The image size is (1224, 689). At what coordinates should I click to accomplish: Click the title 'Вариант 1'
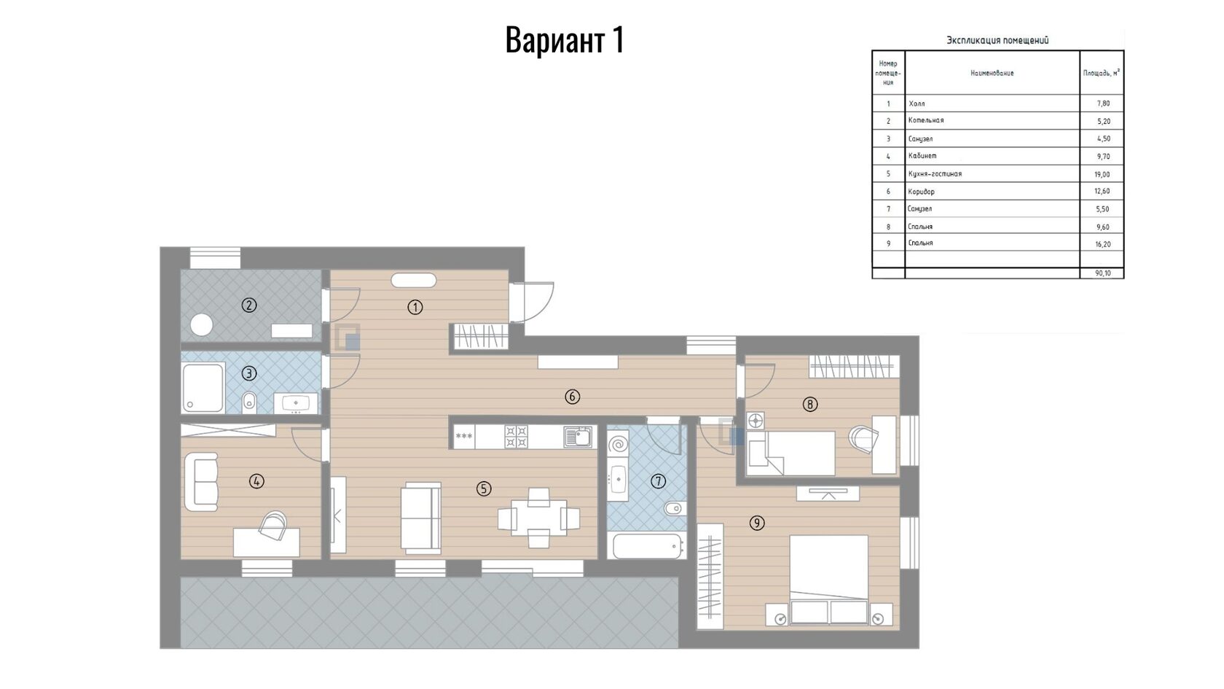(565, 40)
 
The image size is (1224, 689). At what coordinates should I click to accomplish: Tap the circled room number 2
(249, 305)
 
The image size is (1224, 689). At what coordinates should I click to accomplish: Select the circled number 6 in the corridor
(572, 397)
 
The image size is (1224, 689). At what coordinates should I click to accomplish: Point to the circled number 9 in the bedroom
(757, 523)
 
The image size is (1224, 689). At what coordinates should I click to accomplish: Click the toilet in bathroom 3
(249, 402)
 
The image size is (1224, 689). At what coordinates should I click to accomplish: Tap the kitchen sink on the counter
(578, 437)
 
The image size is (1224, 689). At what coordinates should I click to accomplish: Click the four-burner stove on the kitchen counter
(517, 437)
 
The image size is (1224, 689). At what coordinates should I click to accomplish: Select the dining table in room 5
(539, 518)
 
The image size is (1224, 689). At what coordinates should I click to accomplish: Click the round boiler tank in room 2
(202, 325)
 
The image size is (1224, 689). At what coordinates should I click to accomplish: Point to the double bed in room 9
(829, 579)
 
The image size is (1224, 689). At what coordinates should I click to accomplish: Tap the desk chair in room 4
(273, 526)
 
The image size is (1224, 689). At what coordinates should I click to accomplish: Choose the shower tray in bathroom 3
(203, 388)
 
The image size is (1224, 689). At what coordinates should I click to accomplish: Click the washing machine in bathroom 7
(618, 444)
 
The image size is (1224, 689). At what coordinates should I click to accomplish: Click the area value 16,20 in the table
(1103, 244)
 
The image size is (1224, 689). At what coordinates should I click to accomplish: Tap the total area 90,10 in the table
(1103, 273)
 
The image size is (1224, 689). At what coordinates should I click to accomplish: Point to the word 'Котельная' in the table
(925, 120)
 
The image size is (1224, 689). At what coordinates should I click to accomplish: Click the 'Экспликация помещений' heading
(997, 40)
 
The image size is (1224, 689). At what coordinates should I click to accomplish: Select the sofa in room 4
(202, 482)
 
